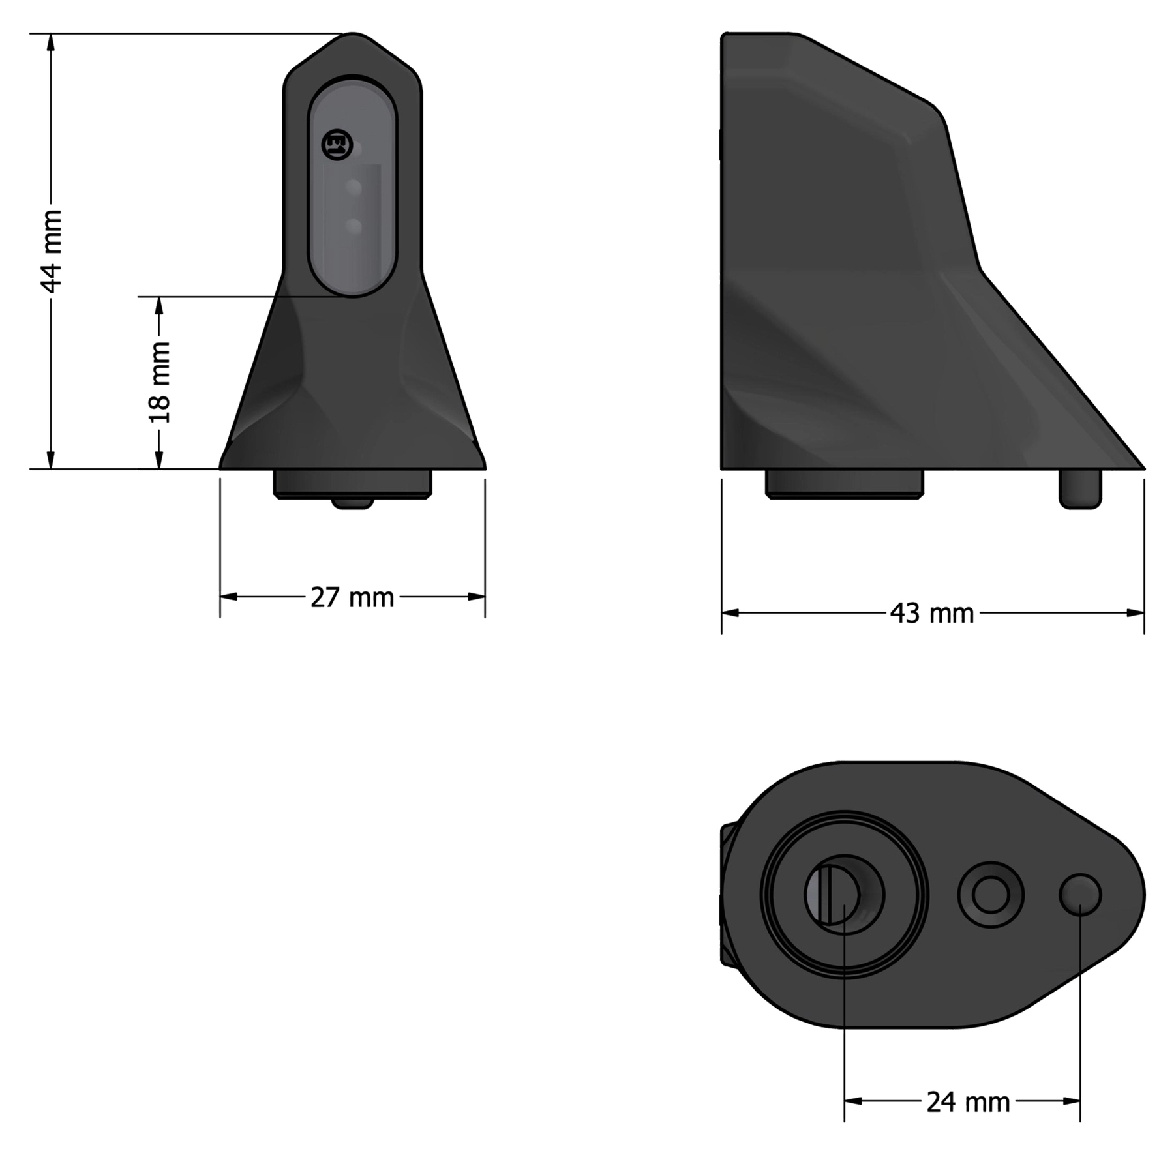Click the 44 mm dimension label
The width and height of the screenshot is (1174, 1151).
[52, 251]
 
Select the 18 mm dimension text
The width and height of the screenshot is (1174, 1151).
[160, 382]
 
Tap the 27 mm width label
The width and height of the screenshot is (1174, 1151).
[352, 597]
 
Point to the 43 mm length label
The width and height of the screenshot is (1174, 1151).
[932, 614]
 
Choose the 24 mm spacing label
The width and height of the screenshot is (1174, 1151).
[968, 1102]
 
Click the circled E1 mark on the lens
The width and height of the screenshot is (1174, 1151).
[337, 145]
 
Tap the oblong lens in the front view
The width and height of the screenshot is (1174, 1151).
[352, 186]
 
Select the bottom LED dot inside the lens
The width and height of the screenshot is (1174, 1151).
[354, 227]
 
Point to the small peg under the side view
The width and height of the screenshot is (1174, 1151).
[1080, 488]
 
